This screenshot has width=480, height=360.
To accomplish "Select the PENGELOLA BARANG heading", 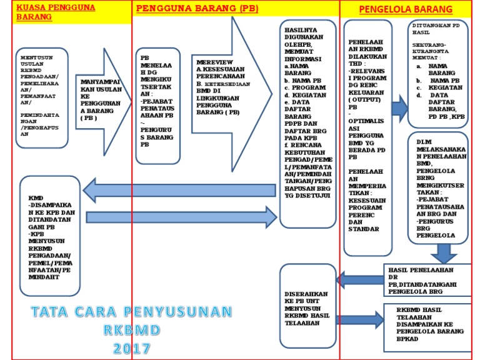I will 406,10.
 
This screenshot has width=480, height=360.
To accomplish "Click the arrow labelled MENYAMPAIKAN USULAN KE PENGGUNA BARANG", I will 102,99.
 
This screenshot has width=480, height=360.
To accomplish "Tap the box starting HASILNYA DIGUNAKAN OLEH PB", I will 308,125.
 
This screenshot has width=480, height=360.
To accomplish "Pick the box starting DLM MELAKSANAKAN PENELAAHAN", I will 439,187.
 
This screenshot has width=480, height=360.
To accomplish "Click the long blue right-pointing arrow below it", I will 181,217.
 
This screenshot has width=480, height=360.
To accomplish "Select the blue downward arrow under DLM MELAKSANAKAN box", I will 444,253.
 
